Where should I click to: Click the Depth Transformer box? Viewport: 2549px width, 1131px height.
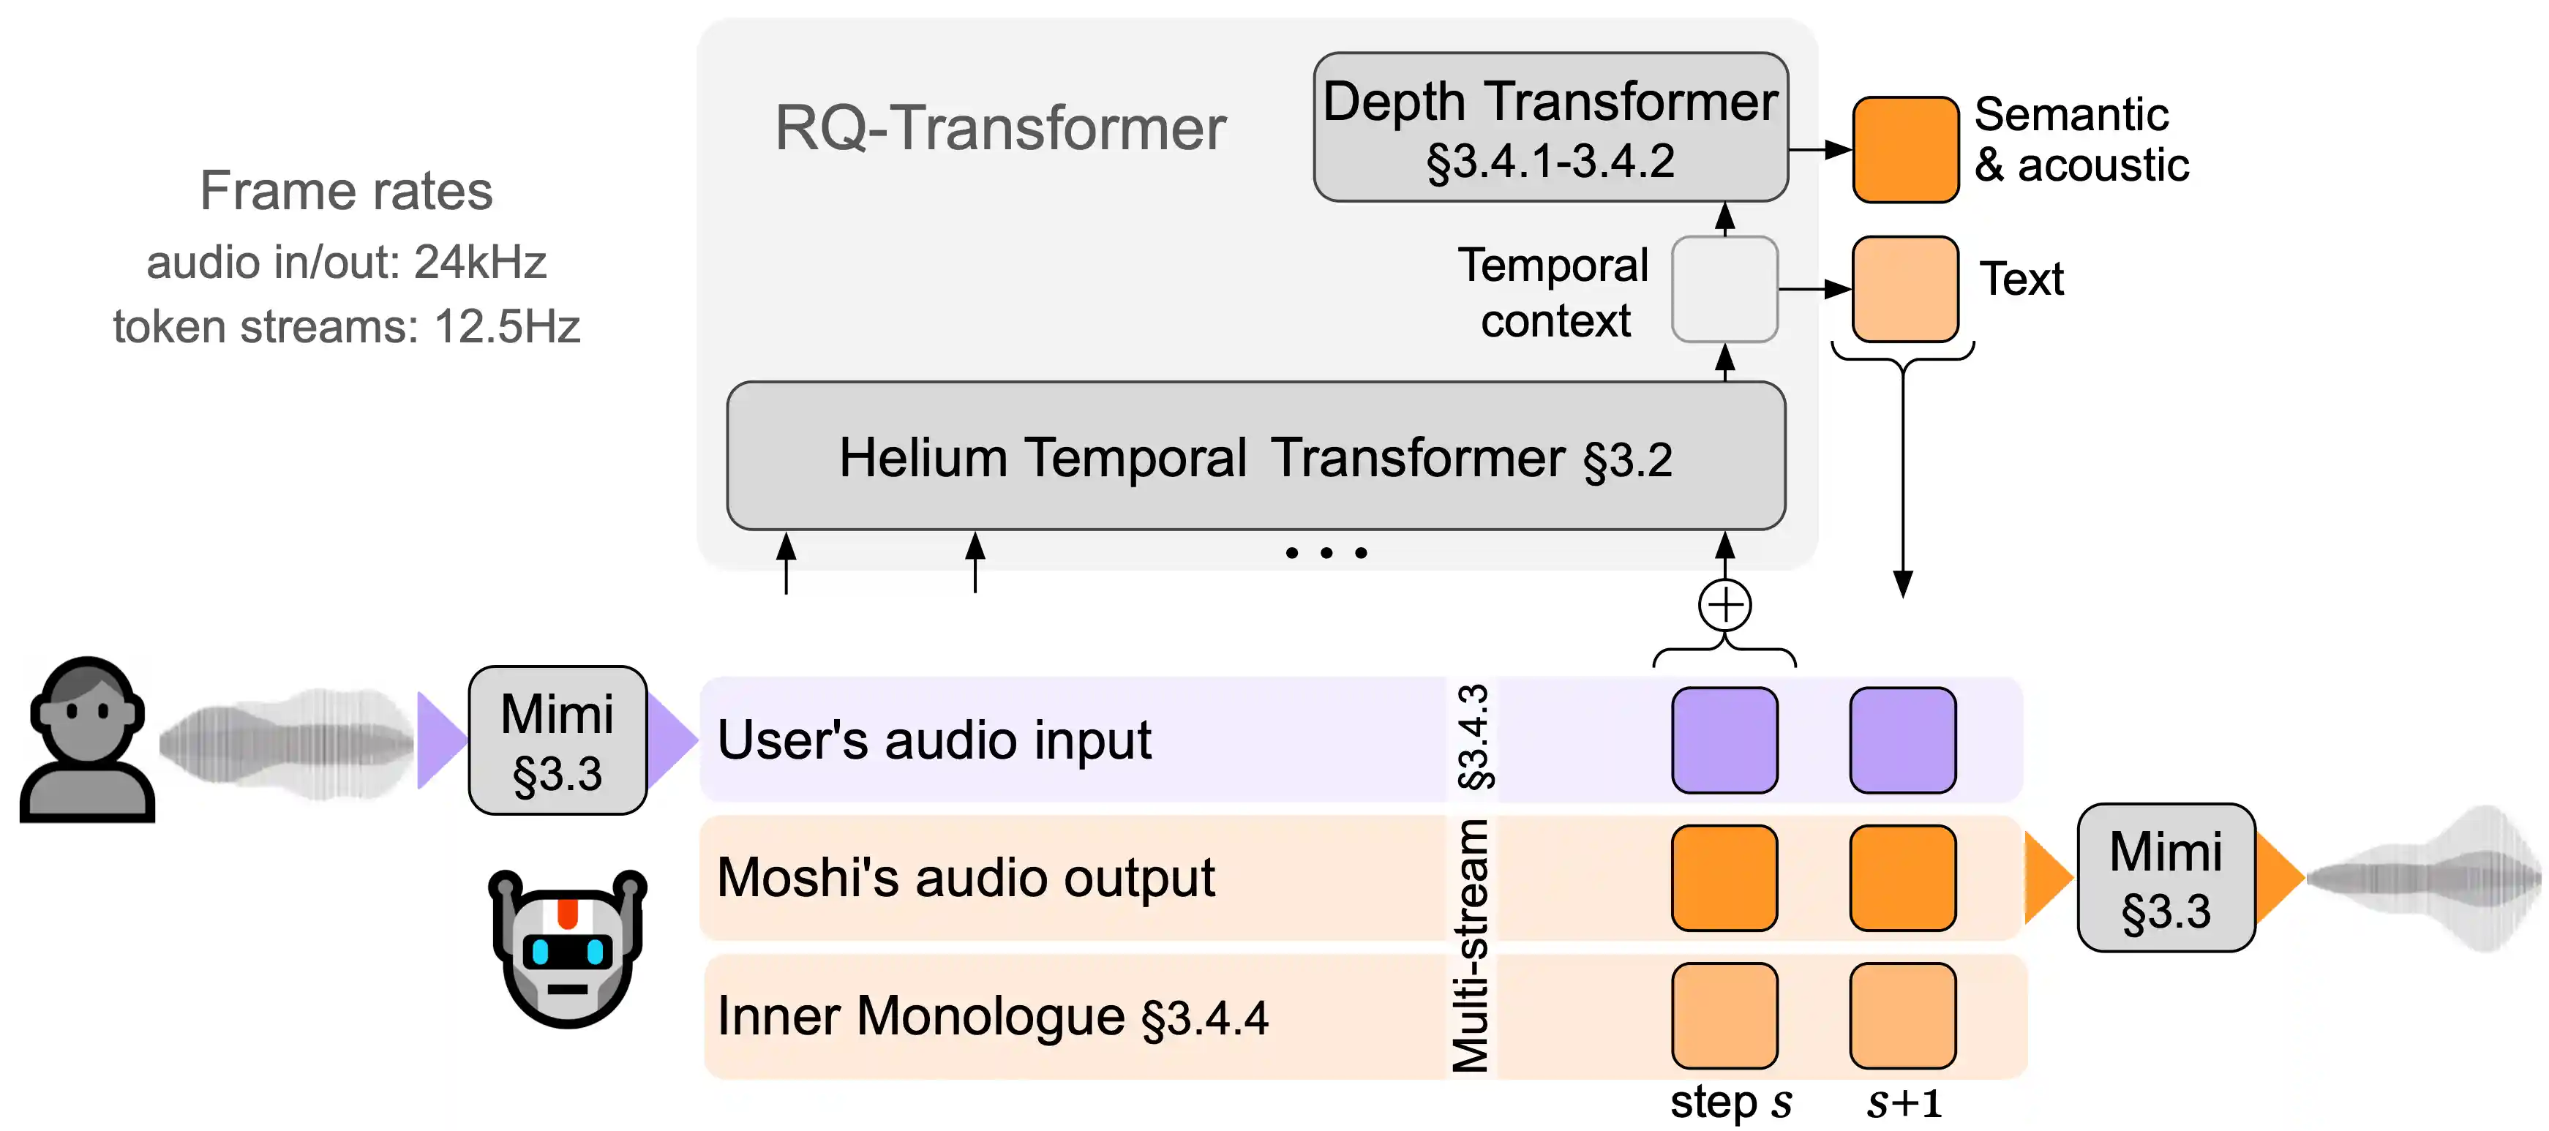[x=1550, y=127]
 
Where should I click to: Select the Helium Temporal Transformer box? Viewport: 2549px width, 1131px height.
[x=1255, y=456]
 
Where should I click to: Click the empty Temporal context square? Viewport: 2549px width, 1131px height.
[x=1724, y=289]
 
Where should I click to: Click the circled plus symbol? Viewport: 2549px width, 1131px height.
[x=1724, y=604]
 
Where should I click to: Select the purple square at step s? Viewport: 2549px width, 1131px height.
[x=1724, y=740]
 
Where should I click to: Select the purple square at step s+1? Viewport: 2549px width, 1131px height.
[x=1902, y=740]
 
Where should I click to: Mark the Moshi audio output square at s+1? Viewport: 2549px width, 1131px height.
[x=1902, y=878]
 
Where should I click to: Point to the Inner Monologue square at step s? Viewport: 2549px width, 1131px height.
[x=1724, y=1015]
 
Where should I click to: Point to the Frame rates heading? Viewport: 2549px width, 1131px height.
[x=345, y=190]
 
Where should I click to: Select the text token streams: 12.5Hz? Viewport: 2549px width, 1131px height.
[x=345, y=326]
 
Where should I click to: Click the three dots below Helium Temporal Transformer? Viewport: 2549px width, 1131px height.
[x=1326, y=553]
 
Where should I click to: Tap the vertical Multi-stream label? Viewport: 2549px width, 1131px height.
[x=1471, y=945]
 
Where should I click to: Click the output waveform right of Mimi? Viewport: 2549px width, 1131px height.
[x=2425, y=879]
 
